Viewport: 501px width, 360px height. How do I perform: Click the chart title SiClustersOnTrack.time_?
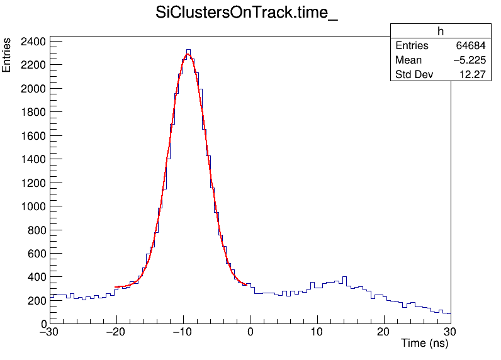click(x=247, y=14)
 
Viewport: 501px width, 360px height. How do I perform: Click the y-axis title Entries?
click(x=7, y=55)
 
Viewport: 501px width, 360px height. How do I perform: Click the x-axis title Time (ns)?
click(x=424, y=344)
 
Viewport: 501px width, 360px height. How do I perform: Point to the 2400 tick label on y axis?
click(x=33, y=42)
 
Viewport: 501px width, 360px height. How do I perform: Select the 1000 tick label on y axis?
click(x=33, y=206)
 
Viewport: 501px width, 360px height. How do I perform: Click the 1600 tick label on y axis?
click(x=33, y=136)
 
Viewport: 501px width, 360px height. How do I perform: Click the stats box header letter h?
click(x=441, y=31)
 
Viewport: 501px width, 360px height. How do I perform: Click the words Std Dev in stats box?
click(x=414, y=75)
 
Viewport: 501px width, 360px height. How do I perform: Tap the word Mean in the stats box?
click(x=408, y=60)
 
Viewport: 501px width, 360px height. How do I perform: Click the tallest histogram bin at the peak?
click(x=188, y=52)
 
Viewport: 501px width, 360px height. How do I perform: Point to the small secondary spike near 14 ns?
click(x=344, y=278)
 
